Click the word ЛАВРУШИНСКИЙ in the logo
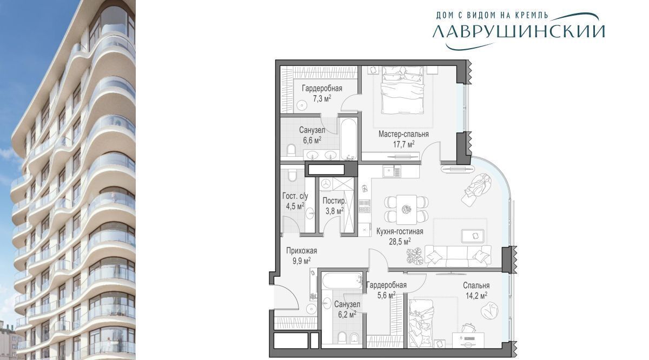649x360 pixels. tap(519, 31)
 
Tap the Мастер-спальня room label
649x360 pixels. tap(403, 134)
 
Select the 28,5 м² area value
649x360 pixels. tap(400, 242)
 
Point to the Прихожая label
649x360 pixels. tap(302, 250)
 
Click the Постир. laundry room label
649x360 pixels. tap(334, 201)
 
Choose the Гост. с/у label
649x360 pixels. tap(295, 196)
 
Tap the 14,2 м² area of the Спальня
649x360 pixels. tap(476, 296)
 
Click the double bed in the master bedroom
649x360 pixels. tap(403, 90)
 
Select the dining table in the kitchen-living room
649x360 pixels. tap(407, 209)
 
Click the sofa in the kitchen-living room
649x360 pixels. tap(458, 256)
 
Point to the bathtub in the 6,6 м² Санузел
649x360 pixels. tap(348, 138)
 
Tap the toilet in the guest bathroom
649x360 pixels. tap(293, 175)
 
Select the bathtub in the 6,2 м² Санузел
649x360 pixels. tap(342, 281)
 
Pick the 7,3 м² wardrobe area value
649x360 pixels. tap(322, 99)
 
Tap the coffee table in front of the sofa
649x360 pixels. tap(473, 236)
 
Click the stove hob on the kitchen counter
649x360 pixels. tap(365, 206)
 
